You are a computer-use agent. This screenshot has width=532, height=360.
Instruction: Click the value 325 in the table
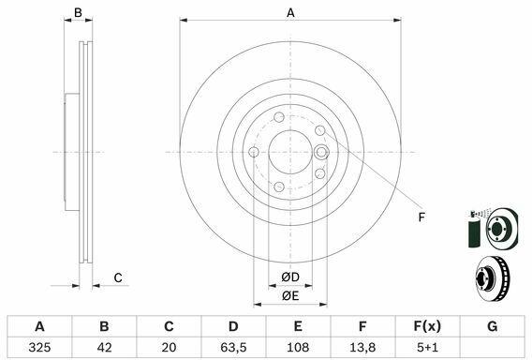(39, 347)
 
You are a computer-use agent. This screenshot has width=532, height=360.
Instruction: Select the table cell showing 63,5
(233, 347)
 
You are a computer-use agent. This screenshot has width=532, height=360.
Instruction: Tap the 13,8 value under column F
(362, 347)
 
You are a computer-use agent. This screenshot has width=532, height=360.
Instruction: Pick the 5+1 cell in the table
(427, 347)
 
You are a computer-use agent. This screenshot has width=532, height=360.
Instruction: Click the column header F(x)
(427, 326)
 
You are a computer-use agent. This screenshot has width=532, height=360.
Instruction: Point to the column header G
(492, 326)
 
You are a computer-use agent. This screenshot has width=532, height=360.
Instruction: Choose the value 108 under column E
(298, 347)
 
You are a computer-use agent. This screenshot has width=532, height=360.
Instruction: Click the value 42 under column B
(104, 347)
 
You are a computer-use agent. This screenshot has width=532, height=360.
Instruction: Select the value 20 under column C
(169, 347)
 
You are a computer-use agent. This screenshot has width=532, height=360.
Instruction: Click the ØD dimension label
(290, 277)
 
